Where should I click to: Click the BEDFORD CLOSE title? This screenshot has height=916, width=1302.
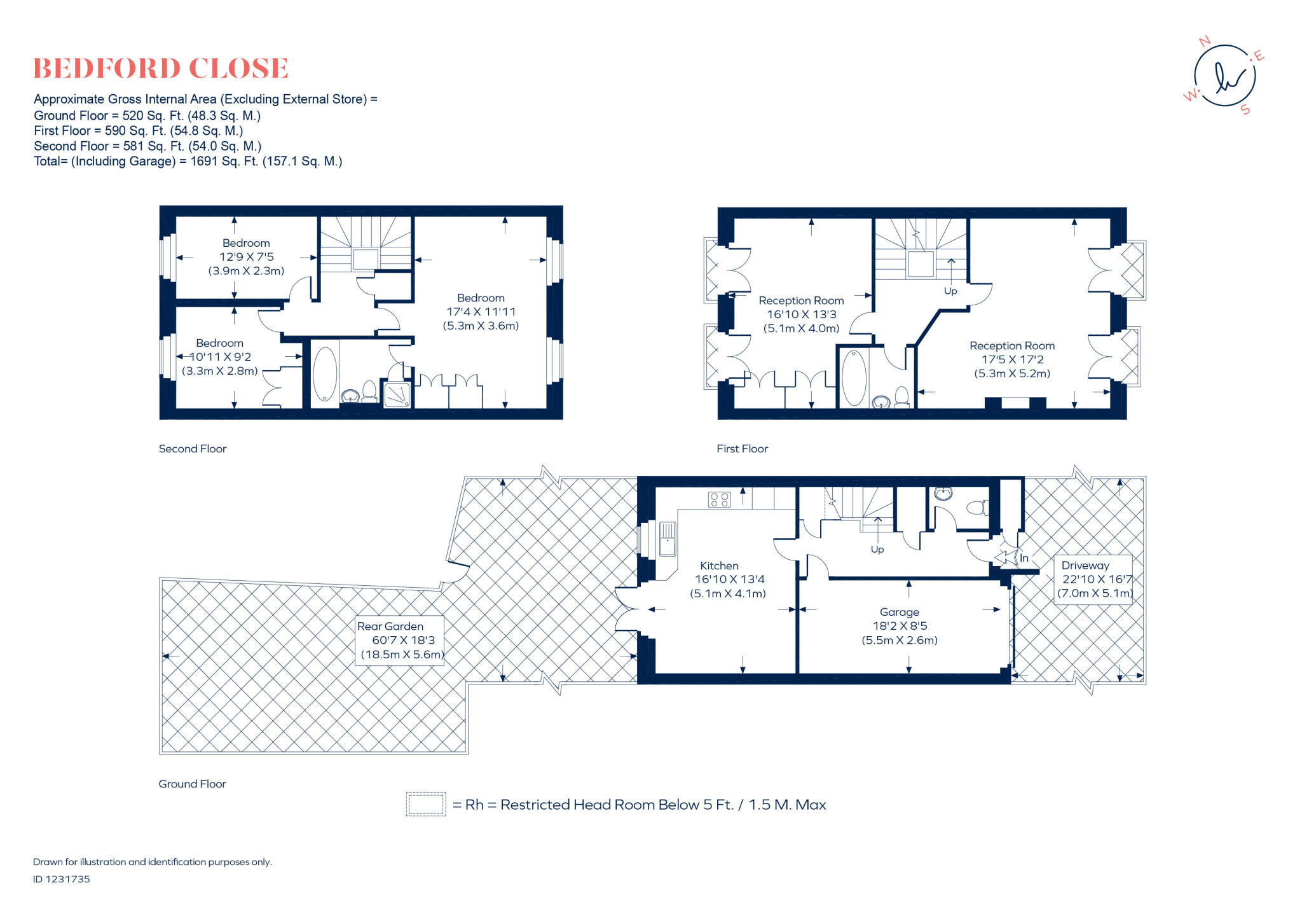pyautogui.click(x=160, y=69)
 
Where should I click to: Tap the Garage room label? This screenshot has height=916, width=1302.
pyautogui.click(x=899, y=612)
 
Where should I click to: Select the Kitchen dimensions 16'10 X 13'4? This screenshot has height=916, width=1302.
pyautogui.click(x=729, y=579)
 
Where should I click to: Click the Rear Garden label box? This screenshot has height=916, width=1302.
pyautogui.click(x=399, y=641)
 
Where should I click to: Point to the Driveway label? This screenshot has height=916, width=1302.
pyautogui.click(x=1085, y=566)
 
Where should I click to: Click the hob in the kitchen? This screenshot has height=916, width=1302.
pyautogui.click(x=719, y=499)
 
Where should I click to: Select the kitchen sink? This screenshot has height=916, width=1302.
pyautogui.click(x=667, y=539)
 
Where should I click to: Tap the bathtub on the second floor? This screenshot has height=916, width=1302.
pyautogui.click(x=325, y=373)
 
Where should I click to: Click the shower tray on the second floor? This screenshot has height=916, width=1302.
pyautogui.click(x=397, y=394)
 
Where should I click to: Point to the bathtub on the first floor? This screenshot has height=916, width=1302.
pyautogui.click(x=854, y=377)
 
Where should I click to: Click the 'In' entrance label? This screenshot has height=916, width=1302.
pyautogui.click(x=1024, y=558)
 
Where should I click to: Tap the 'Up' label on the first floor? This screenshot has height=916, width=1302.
pyautogui.click(x=950, y=291)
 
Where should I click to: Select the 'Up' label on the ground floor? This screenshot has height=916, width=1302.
pyautogui.click(x=877, y=550)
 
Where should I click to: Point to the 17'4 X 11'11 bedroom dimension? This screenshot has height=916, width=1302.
pyautogui.click(x=481, y=312)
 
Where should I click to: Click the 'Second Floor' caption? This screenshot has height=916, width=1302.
pyautogui.click(x=192, y=449)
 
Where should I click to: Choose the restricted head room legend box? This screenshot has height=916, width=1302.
pyautogui.click(x=426, y=804)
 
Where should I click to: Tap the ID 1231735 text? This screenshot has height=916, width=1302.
pyautogui.click(x=62, y=879)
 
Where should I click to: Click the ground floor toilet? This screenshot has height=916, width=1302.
pyautogui.click(x=976, y=508)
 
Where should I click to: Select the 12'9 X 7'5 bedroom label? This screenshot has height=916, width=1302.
pyautogui.click(x=246, y=257)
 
